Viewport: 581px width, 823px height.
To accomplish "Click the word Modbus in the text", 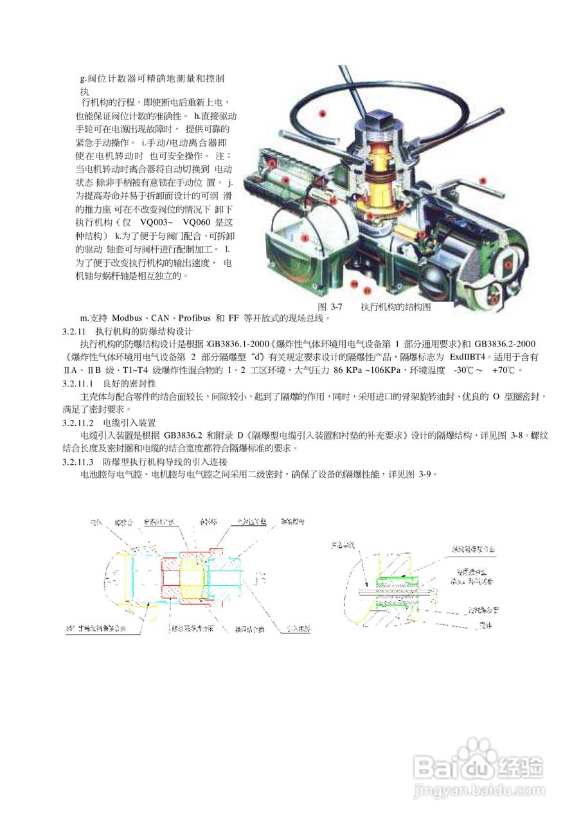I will [x=127, y=318].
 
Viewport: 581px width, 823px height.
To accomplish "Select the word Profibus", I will [x=196, y=318].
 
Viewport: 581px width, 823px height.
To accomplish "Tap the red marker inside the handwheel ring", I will [x=323, y=113].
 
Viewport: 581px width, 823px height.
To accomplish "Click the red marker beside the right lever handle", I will [x=483, y=181].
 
